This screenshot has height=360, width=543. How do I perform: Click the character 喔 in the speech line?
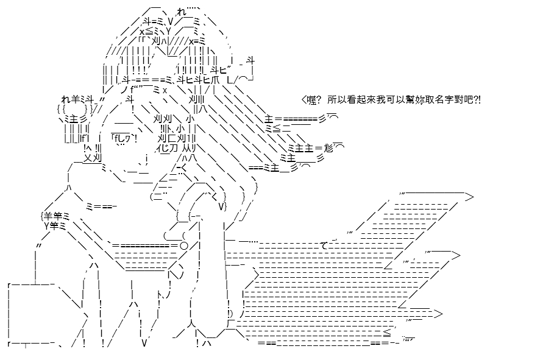coord(311,100)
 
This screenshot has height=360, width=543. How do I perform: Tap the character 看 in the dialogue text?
coord(349,100)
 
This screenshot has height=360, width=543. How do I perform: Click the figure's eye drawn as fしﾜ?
coord(124,138)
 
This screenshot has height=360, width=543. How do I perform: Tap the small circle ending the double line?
coord(184,246)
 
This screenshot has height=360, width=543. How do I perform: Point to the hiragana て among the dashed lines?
coord(324,246)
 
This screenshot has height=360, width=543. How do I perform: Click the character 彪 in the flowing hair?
coord(328,148)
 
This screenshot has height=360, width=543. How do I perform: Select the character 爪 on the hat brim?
coord(215,80)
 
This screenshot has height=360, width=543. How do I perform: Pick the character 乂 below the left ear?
coord(88,158)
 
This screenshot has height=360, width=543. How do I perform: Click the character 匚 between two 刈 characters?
coord(172,138)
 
